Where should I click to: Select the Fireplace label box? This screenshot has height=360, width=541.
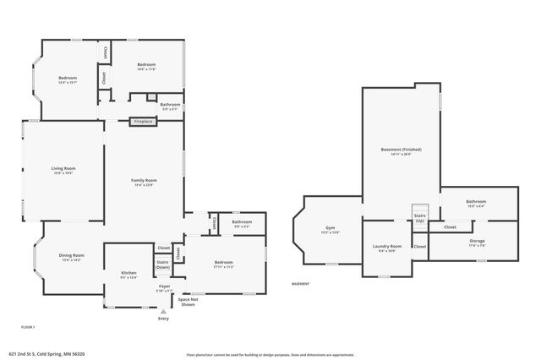click(143, 122)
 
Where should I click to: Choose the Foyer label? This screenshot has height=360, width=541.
click(164, 287)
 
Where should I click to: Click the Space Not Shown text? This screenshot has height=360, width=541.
click(188, 302)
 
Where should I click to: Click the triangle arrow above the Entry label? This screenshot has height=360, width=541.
click(163, 310)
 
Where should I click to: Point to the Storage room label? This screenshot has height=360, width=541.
click(477, 243)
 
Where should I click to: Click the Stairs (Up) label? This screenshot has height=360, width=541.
click(420, 217)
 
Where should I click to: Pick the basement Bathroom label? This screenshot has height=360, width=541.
click(475, 203)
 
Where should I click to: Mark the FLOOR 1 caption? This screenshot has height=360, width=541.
click(29, 326)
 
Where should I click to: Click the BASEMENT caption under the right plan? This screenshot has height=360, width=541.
click(302, 284)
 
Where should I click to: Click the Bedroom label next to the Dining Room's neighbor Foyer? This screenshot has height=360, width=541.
click(223, 264)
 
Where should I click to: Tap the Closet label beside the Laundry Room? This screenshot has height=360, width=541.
click(419, 246)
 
